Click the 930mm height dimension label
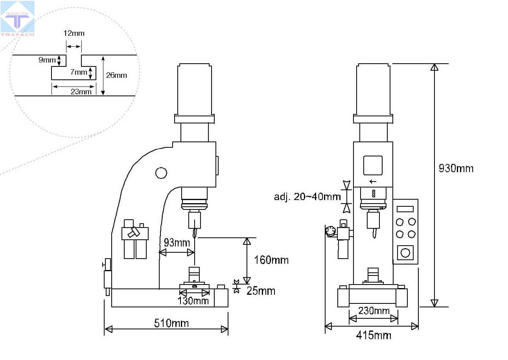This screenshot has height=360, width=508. click(x=456, y=169)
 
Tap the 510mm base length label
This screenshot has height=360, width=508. click(x=171, y=323)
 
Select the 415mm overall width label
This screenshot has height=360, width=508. click(x=374, y=335)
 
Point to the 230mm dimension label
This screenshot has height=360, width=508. click(x=374, y=310)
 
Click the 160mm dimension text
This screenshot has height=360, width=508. click(x=271, y=260)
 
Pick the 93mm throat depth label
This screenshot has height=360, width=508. click(x=177, y=242)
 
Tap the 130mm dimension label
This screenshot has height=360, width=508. click(x=193, y=301)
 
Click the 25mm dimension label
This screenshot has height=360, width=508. click(x=261, y=291)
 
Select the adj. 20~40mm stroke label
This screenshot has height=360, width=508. click(x=307, y=197)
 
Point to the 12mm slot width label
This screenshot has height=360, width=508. click(x=74, y=33)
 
